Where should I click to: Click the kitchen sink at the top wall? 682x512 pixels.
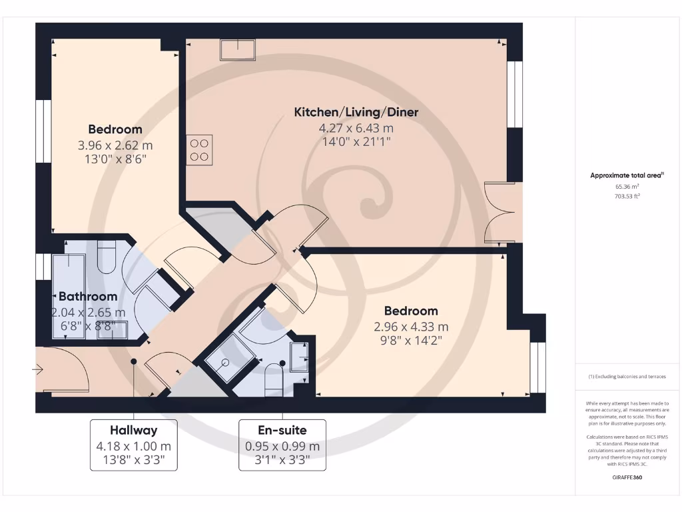tap(238, 50)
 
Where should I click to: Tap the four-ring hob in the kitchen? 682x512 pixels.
tap(199, 150)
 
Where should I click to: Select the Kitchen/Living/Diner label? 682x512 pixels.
tap(356, 112)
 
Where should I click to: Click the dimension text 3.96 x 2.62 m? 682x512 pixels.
tap(115, 145)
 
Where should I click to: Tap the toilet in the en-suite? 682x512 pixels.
tap(274, 380)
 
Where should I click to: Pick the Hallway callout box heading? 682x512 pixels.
tap(134, 430)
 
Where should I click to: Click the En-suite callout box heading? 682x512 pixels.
tap(282, 430)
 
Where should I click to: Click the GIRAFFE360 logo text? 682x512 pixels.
tap(627, 477)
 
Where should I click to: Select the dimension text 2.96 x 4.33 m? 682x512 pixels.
tap(412, 327)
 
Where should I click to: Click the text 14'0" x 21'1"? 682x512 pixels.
tap(356, 141)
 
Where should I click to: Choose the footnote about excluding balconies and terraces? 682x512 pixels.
tap(627, 377)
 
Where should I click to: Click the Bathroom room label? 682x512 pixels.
tap(88, 296)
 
